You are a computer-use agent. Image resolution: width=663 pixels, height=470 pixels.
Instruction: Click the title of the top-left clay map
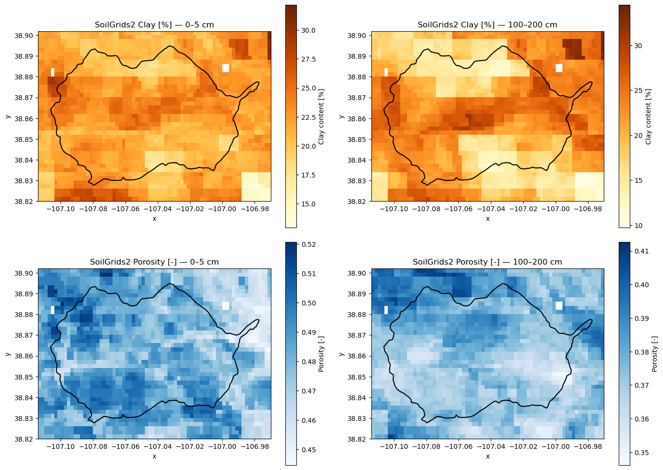[x=154, y=25]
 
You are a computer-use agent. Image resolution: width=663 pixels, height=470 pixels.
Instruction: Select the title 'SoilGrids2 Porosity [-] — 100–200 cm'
[x=487, y=262]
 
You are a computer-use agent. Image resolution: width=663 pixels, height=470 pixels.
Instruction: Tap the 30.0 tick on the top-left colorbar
[x=308, y=30]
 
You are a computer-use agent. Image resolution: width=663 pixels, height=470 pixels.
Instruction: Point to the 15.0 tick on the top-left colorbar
[x=308, y=204]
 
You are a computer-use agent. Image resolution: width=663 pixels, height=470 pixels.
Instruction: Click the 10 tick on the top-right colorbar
[x=638, y=226]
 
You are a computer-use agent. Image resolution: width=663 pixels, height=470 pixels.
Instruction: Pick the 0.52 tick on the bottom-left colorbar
[x=308, y=244]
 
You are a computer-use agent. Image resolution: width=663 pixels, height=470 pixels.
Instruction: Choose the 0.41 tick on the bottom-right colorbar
[x=641, y=251]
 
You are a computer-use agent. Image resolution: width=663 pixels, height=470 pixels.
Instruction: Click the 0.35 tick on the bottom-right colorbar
[x=641, y=453]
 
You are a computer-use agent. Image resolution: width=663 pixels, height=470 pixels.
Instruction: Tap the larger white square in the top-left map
[x=226, y=68]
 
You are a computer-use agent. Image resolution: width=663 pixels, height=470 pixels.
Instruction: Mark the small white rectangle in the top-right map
[x=386, y=72]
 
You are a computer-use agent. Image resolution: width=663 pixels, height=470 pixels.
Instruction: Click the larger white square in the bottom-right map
[x=559, y=306]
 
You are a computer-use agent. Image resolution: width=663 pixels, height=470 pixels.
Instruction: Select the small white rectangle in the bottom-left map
[x=53, y=310]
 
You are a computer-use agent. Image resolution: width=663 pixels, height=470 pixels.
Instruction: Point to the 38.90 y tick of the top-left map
[x=22, y=36]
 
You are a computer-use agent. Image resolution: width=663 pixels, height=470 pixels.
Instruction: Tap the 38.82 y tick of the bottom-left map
[x=22, y=439]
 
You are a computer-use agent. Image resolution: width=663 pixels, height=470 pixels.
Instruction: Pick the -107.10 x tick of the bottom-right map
[x=394, y=446]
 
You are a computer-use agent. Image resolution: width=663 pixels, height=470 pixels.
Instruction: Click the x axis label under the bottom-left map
[x=154, y=457]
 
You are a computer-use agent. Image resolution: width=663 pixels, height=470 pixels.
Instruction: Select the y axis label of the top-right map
[x=341, y=116]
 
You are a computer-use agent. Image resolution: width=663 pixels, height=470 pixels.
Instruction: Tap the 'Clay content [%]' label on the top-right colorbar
[x=648, y=116]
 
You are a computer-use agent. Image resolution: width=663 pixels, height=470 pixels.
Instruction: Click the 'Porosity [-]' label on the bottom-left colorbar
[x=321, y=354]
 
